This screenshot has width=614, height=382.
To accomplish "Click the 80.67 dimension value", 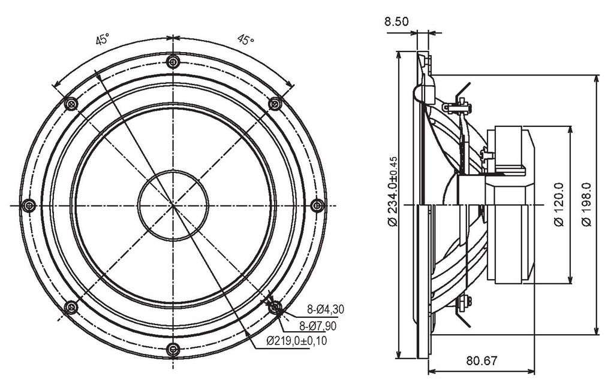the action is click(x=481, y=360).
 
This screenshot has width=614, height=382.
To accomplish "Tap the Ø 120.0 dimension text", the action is click(x=559, y=204).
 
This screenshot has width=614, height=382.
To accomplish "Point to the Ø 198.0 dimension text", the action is click(x=586, y=204).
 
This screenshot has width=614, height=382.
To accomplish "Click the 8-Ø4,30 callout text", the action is click(x=326, y=310).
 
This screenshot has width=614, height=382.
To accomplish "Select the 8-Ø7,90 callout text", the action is click(x=318, y=325).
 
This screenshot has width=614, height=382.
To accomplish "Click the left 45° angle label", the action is click(x=103, y=39).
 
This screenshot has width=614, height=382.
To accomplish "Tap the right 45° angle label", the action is click(x=245, y=39).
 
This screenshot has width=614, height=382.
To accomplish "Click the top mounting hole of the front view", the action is click(x=173, y=62).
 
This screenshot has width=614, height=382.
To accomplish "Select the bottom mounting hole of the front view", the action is click(x=173, y=349).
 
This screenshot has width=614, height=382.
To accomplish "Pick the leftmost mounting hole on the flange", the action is click(x=29, y=205).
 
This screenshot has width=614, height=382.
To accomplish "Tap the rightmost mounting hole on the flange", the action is click(x=317, y=205).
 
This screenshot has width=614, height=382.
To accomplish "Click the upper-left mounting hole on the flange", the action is click(x=71, y=104).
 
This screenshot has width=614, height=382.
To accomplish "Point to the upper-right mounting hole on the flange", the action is click(x=275, y=104).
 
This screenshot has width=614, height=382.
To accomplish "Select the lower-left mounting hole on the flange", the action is click(x=71, y=307).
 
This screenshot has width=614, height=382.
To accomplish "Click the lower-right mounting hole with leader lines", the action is click(x=275, y=307).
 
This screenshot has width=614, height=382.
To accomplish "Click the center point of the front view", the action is click(x=173, y=205).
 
